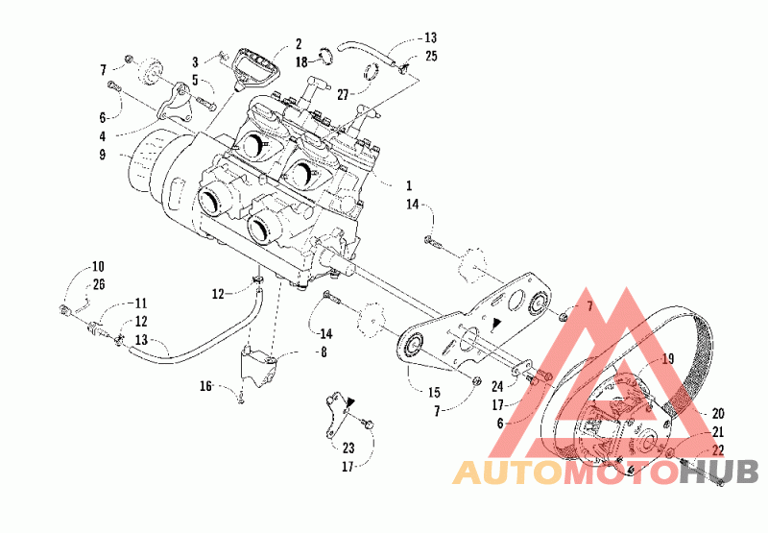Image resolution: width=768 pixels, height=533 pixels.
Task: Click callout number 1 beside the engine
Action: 409,185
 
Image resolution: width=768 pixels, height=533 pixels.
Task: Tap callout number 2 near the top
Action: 299,44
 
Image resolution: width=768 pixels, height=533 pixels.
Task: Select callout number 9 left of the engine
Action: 102,155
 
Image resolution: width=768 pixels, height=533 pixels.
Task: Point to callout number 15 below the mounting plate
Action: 434,393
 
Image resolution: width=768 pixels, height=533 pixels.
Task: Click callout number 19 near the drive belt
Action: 667,359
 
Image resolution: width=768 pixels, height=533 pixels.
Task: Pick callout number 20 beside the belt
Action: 717,414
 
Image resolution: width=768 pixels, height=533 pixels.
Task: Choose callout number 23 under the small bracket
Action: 348,448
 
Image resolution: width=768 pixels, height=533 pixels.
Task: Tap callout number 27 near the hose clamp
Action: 343,94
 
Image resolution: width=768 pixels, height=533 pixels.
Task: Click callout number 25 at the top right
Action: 431,56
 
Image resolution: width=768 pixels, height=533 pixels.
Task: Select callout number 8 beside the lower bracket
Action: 324,351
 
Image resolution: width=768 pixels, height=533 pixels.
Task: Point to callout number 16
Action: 205,386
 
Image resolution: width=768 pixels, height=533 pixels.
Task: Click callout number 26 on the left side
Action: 99,284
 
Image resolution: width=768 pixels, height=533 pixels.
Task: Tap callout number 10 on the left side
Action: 98,267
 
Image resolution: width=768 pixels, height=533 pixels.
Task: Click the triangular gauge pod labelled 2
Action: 255,68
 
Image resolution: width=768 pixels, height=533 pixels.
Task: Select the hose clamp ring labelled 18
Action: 326,56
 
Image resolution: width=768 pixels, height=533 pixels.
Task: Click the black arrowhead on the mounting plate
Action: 496,323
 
